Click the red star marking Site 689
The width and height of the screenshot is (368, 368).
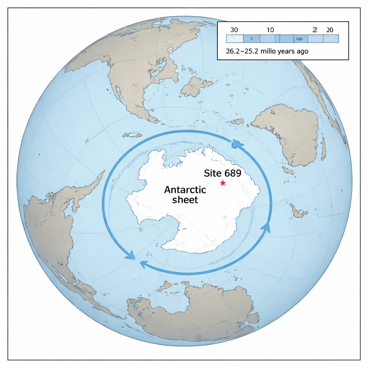[x=223, y=183]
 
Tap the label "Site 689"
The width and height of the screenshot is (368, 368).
[x=222, y=173]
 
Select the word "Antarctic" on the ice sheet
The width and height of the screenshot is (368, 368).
[x=185, y=190]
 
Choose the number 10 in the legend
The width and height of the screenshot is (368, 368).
[x=270, y=30]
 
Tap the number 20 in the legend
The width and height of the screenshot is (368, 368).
[x=329, y=30]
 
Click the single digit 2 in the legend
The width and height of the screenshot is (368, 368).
[x=315, y=30]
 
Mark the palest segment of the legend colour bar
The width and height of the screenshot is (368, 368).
[x=234, y=39]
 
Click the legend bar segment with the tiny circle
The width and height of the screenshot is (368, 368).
[x=252, y=39]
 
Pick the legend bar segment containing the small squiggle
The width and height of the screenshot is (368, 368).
[x=298, y=39]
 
